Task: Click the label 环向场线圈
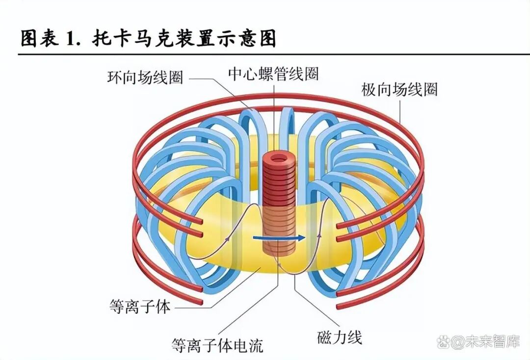[x=145, y=77]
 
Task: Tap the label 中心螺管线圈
[x=273, y=74]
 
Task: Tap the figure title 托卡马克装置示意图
[x=184, y=39]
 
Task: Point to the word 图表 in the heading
[x=39, y=39]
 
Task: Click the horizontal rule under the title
[x=265, y=53]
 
